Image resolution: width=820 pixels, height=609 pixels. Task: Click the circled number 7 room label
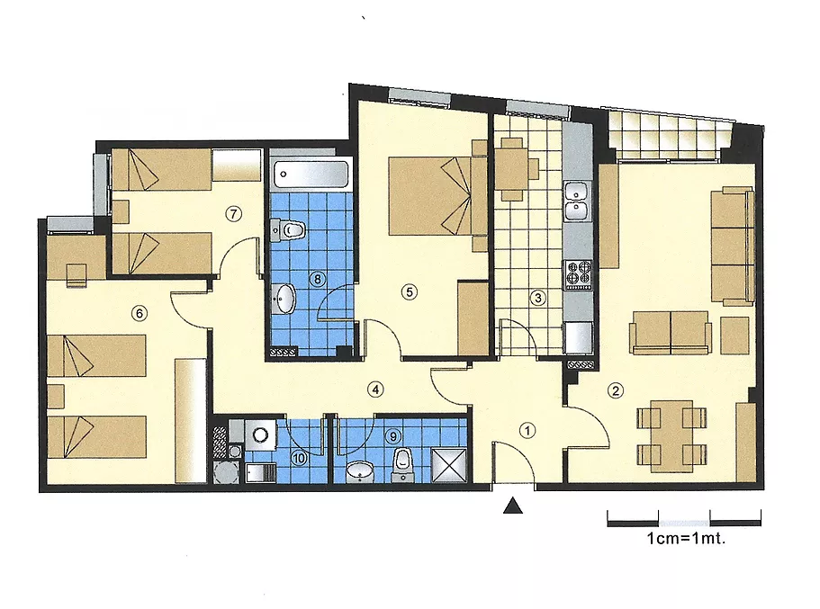pos(233,213)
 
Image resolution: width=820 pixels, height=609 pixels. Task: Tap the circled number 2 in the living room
pos(616,390)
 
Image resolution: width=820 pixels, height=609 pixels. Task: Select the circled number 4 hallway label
pos(375,389)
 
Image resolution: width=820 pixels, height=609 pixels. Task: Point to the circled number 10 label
pos(299,459)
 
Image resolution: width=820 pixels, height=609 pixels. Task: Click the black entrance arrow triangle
pos(513,506)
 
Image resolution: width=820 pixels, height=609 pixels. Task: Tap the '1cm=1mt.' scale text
pos(686,538)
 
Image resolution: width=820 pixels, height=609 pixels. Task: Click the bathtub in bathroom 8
pos(311,175)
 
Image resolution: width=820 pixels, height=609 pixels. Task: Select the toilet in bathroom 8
pos(288,229)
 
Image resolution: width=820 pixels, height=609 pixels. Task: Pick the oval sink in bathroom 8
pos(285,299)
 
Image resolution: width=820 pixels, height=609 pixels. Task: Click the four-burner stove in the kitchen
pos(578,274)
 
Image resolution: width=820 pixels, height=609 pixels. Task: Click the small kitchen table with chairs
pos(512,169)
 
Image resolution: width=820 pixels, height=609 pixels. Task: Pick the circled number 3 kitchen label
pos(537,298)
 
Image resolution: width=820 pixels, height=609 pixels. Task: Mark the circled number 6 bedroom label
pos(139,313)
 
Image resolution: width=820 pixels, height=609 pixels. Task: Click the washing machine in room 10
pos(260,434)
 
